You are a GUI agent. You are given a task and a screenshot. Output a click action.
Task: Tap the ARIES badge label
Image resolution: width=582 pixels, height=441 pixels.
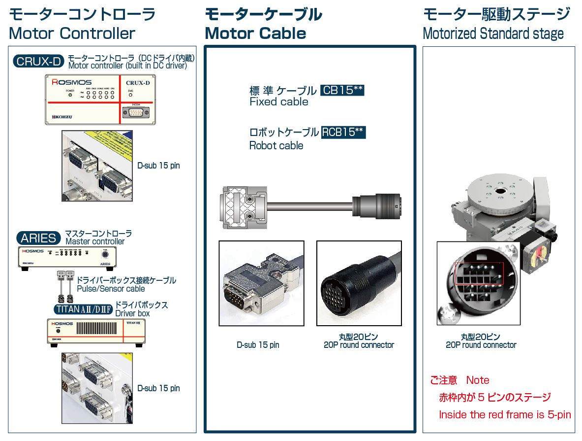38,238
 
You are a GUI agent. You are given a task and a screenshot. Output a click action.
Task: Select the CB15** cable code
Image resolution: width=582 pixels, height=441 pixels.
342,90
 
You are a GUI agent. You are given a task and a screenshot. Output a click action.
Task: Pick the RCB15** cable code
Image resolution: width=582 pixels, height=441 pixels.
343,132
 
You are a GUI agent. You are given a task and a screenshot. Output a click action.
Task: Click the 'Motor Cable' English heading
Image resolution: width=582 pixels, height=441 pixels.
255,34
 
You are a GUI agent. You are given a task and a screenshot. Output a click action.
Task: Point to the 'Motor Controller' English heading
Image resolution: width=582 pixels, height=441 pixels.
72,34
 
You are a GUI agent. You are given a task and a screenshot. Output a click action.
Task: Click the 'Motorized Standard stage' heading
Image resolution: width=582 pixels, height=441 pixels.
493,34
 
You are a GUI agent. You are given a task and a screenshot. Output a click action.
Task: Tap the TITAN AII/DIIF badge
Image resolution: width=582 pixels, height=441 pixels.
84,309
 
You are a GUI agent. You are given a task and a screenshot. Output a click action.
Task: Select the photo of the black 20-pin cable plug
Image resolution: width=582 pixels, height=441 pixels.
359,283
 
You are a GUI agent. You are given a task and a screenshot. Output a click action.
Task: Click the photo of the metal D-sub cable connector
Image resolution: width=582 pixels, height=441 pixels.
261,283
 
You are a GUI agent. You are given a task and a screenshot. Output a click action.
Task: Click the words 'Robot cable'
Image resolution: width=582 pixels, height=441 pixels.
276,146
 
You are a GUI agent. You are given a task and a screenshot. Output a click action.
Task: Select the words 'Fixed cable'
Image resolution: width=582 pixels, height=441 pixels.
279,102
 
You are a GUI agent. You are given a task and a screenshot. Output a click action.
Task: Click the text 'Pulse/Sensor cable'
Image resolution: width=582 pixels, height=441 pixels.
111,289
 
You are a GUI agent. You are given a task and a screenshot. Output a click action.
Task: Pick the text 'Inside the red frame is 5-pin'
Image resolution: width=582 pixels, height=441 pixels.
505,415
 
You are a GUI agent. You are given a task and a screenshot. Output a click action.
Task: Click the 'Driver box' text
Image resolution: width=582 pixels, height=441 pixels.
132,313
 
